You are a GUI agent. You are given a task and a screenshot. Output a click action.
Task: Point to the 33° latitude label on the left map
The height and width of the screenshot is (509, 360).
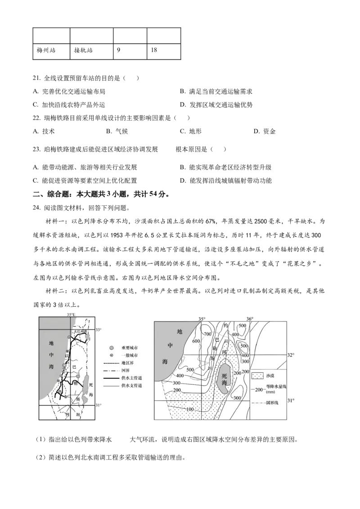pyautogui.click(x=99, y=330)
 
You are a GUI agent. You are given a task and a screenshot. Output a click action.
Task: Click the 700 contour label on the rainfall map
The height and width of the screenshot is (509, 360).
pyautogui.click(x=207, y=334)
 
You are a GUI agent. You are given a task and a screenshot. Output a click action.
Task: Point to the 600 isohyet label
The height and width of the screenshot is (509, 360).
pyautogui.click(x=196, y=341)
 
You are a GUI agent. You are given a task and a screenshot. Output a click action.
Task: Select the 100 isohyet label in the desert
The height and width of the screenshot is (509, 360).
pyautogui.click(x=190, y=409)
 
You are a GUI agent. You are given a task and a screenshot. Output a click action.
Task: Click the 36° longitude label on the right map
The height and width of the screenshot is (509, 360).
pyautogui.click(x=250, y=319)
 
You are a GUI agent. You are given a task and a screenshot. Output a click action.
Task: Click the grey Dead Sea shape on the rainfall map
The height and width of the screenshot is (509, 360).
pyautogui.click(x=224, y=375)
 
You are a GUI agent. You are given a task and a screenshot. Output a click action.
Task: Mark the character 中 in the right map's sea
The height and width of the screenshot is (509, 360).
pyautogui.click(x=170, y=346)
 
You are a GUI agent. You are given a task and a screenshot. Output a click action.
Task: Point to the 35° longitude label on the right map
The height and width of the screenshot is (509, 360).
pyautogui.click(x=202, y=319)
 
